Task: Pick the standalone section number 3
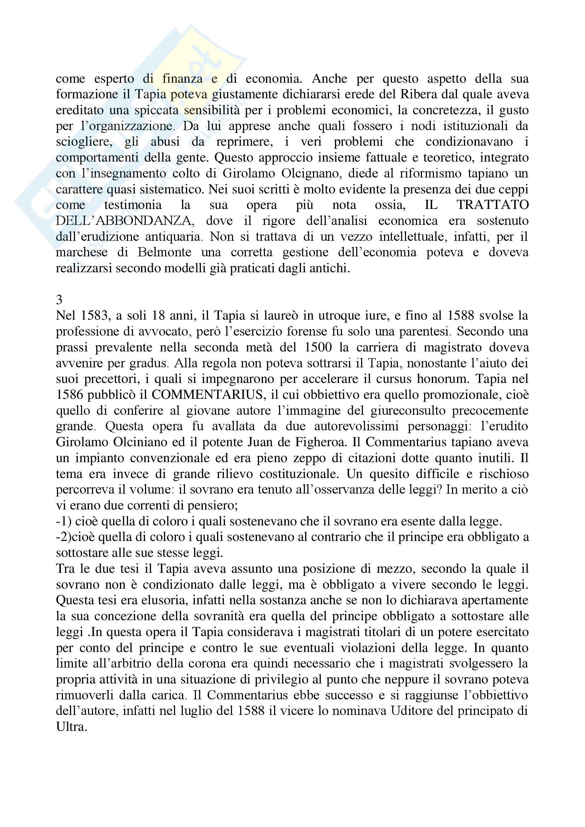click(59, 300)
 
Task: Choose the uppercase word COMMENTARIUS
click(207, 395)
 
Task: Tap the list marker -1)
click(64, 521)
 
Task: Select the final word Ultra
click(71, 727)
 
